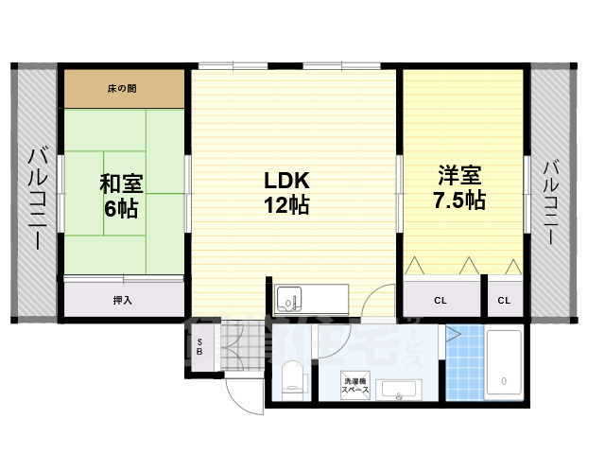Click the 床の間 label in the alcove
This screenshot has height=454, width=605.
[124, 89]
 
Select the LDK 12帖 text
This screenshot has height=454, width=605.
[286, 192]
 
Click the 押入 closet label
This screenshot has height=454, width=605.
[123, 300]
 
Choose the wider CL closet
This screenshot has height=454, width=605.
[441, 300]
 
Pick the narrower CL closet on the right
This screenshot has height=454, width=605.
[504, 300]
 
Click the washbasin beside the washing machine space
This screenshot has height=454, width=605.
[403, 390]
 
